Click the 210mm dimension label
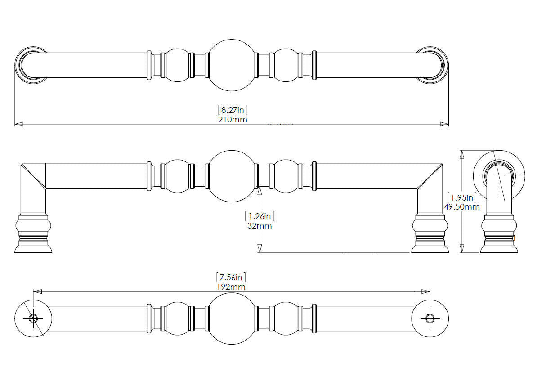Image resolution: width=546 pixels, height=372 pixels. pyautogui.click(x=233, y=120)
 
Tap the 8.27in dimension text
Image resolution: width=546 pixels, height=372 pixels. pyautogui.click(x=233, y=110)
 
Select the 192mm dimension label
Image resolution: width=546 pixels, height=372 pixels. pyautogui.click(x=231, y=287)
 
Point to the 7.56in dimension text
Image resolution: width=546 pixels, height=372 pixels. pyautogui.click(x=231, y=277)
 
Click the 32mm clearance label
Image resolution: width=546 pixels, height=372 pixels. pyautogui.click(x=260, y=226)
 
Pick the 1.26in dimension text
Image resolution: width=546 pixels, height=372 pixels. pyautogui.click(x=260, y=216)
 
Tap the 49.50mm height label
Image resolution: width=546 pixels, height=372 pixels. pyautogui.click(x=462, y=207)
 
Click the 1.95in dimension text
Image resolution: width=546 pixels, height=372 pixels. pyautogui.click(x=462, y=197)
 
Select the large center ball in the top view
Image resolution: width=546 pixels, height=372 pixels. pyautogui.click(x=232, y=65)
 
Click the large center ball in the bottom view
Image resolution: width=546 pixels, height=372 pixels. pyautogui.click(x=232, y=318)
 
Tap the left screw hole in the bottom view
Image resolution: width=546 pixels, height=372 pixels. pyautogui.click(x=33, y=318)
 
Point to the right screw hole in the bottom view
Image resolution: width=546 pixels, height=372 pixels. pyautogui.click(x=430, y=318)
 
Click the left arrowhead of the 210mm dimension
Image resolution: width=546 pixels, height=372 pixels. pyautogui.click(x=19, y=124)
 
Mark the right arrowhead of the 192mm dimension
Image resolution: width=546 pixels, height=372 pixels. pyautogui.click(x=426, y=291)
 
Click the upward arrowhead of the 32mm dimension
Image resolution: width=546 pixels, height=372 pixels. pyautogui.click(x=260, y=191)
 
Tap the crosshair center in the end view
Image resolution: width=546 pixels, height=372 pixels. pyautogui.click(x=499, y=176)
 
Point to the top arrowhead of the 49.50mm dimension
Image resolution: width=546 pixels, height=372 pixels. pyautogui.click(x=461, y=155)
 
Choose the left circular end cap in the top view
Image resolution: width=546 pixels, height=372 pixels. pyautogui.click(x=31, y=65)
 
